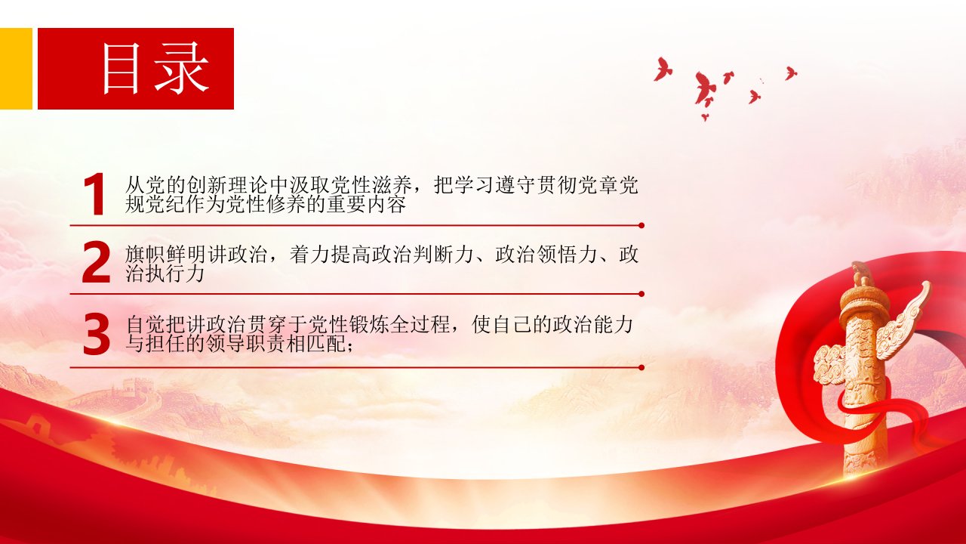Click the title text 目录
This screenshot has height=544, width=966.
[x=155, y=69]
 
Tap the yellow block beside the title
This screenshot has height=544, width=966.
[x=16, y=69]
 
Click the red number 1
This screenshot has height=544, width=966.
[x=95, y=194]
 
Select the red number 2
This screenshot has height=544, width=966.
[x=96, y=262]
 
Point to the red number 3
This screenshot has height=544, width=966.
[x=96, y=335]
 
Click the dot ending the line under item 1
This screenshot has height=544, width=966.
[x=641, y=225]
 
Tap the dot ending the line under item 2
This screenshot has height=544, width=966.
[x=641, y=294]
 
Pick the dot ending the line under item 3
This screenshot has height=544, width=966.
[x=641, y=367]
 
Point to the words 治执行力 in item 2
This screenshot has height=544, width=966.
[x=165, y=274]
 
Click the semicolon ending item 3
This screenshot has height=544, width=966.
[x=349, y=346]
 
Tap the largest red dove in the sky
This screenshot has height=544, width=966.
[x=704, y=88]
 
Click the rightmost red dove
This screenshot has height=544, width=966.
[x=790, y=73]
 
